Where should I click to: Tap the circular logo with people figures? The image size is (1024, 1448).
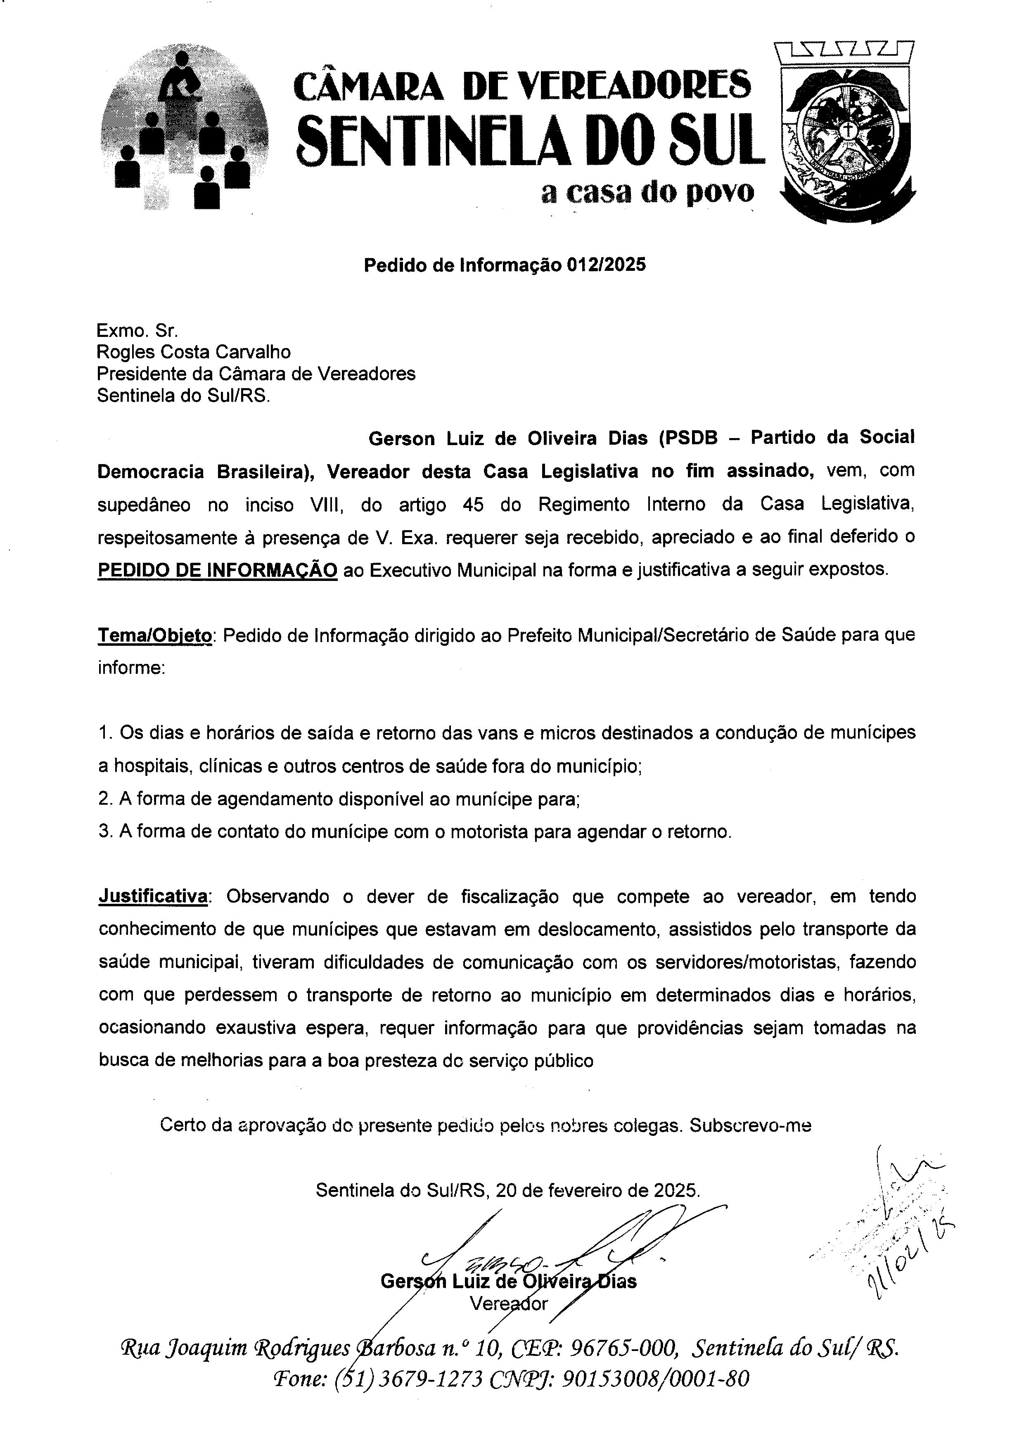pyautogui.click(x=184, y=126)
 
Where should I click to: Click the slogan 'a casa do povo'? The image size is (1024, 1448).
pyautogui.click(x=647, y=193)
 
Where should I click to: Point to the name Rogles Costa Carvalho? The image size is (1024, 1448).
pyautogui.click(x=194, y=351)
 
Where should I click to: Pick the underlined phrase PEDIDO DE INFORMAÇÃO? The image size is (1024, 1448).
pyautogui.click(x=218, y=570)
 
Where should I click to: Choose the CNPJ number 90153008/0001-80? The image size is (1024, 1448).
pyautogui.click(x=655, y=1381)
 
